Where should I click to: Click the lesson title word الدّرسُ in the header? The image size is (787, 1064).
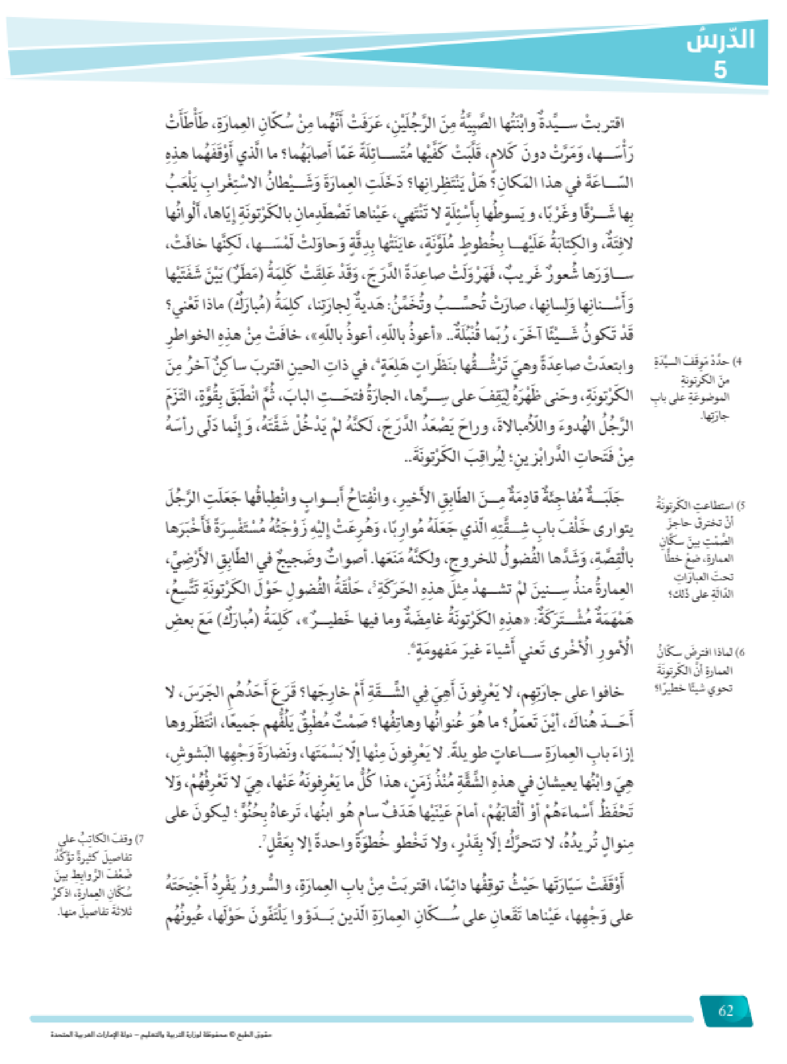pyautogui.click(x=720, y=40)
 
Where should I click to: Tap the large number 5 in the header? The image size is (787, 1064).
pyautogui.click(x=720, y=70)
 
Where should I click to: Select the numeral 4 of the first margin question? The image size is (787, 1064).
pyautogui.click(x=737, y=362)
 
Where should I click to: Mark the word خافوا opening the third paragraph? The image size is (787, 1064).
pyautogui.click(x=607, y=693)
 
